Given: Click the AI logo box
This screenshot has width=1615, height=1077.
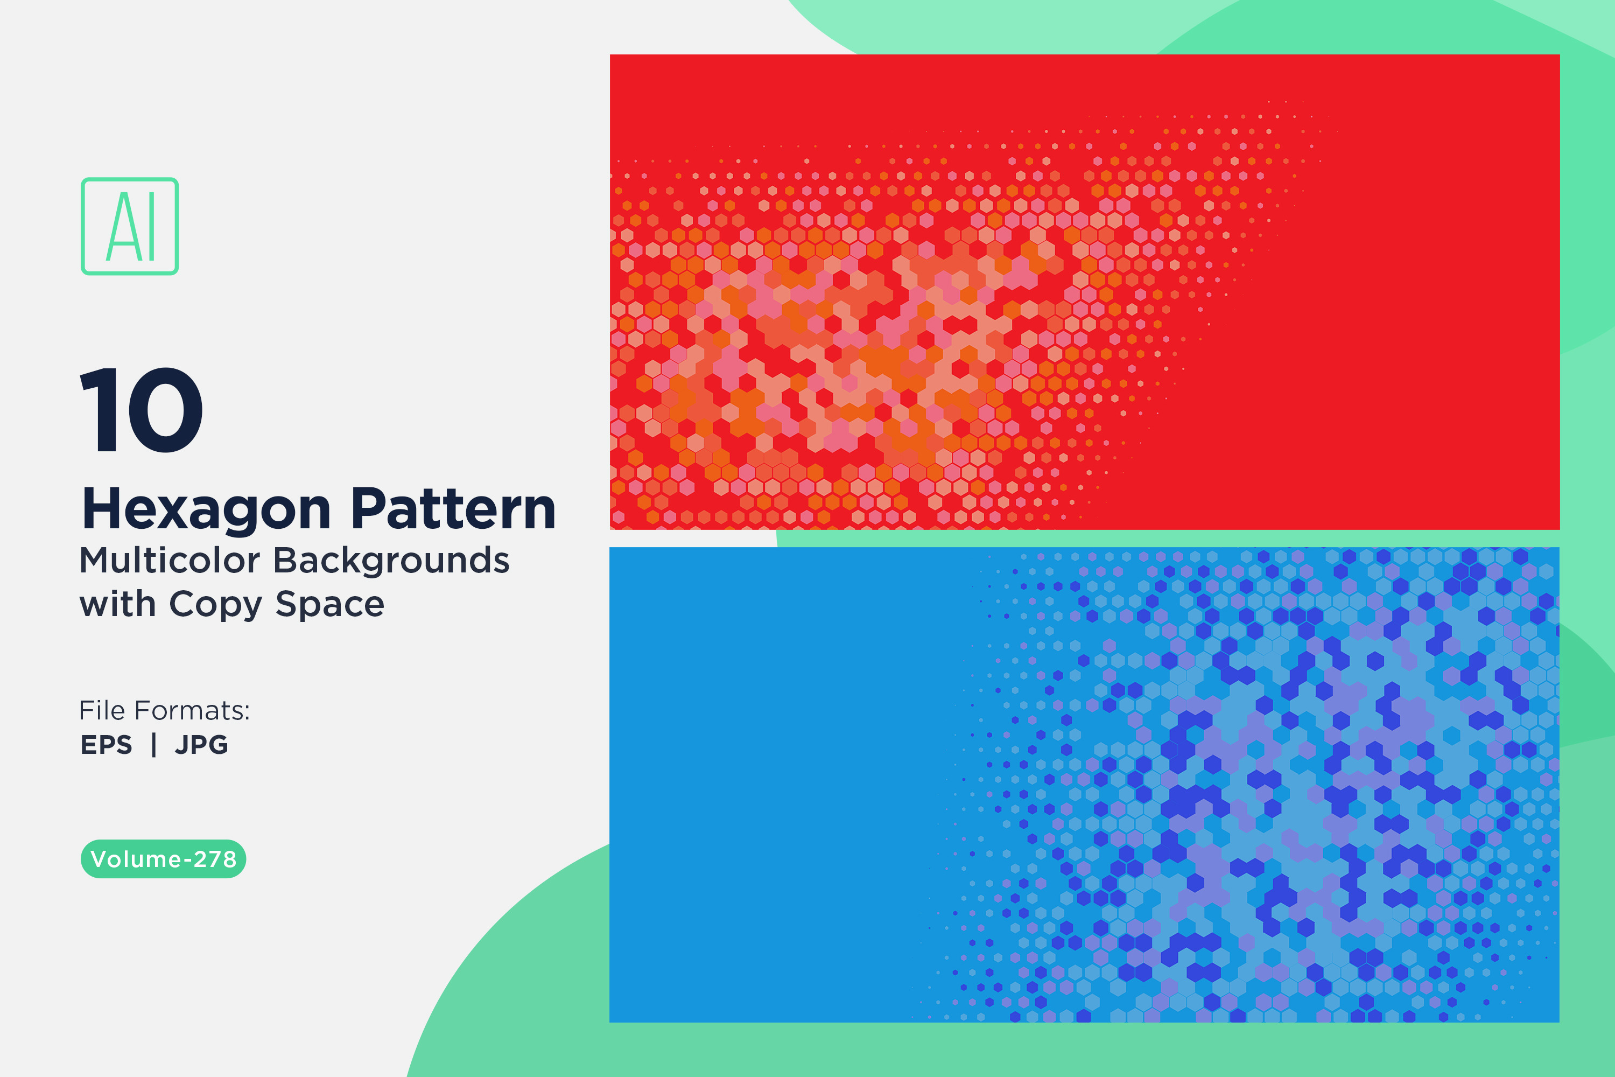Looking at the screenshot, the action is (130, 179).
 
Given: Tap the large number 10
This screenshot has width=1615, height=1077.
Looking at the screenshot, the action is (142, 410).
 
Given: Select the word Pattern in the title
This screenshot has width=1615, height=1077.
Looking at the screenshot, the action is (453, 509).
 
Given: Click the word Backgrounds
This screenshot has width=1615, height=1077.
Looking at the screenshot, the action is (391, 561).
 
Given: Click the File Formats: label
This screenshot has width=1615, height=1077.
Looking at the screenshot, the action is (165, 710).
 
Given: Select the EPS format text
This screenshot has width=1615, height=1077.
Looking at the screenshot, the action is (107, 745).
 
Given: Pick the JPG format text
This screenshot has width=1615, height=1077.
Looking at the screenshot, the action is (201, 745).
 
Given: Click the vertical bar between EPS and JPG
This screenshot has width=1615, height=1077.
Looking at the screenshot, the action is (154, 745).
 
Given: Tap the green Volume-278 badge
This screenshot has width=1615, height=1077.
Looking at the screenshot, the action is (164, 858).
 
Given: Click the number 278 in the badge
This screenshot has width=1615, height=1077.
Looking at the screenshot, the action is (215, 859).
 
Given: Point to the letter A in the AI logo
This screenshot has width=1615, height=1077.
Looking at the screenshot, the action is (122, 227).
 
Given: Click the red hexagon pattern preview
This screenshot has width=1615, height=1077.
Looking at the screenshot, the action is (1085, 292).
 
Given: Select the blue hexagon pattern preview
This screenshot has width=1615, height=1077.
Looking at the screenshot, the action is (1085, 785).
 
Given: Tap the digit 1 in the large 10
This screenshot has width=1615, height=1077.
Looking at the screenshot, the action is (98, 410).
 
